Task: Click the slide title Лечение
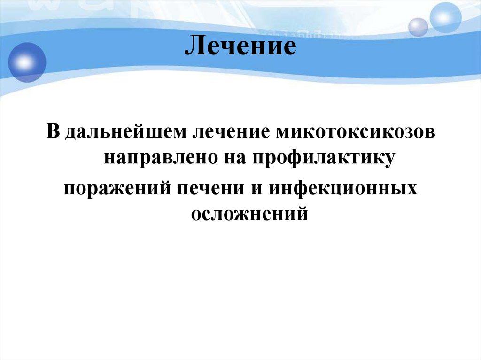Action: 240,48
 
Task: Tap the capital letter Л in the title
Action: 193,48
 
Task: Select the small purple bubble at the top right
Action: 418,27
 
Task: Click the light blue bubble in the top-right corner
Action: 446,17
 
